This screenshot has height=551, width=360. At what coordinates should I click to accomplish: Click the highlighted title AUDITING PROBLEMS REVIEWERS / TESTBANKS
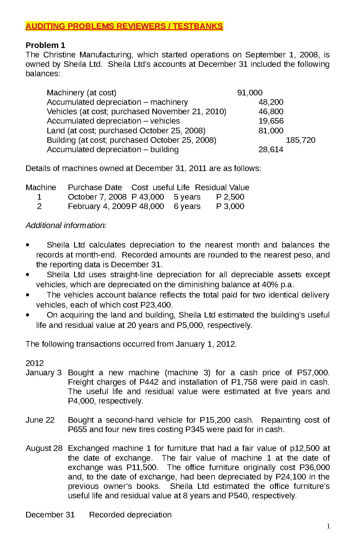tap(124, 26)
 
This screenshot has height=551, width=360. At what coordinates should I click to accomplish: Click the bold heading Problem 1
tap(45, 45)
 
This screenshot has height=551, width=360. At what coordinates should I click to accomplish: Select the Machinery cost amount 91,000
tap(250, 93)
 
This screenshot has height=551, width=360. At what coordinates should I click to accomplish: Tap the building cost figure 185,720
tap(301, 140)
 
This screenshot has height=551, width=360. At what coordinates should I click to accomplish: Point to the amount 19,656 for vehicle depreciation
tap(271, 121)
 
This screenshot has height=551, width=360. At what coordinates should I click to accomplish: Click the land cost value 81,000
tap(271, 131)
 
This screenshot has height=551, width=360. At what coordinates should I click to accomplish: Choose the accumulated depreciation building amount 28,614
tap(271, 150)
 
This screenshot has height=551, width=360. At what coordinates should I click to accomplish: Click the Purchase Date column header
tap(95, 187)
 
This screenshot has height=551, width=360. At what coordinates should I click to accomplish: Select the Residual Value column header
tap(222, 187)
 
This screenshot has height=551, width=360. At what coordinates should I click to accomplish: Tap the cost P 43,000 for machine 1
tap(148, 197)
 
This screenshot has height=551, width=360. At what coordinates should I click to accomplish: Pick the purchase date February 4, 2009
tap(99, 206)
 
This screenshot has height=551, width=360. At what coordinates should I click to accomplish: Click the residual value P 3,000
tap(230, 206)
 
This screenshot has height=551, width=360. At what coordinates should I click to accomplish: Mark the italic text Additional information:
tap(66, 225)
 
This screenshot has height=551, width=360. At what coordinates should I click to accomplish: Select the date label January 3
tap(44, 373)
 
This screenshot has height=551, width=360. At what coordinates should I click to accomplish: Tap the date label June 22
tap(40, 420)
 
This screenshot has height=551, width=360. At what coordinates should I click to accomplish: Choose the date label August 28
tap(44, 448)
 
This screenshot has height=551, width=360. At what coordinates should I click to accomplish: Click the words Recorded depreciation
tap(130, 515)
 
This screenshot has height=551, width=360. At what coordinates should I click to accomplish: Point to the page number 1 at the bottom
tap(328, 526)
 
